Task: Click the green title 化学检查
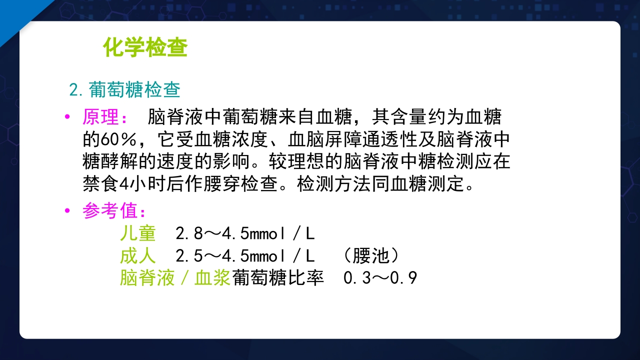[145, 48]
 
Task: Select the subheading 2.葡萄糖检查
[124, 90]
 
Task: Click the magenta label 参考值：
[114, 211]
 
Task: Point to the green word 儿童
[137, 233]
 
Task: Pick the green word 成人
[137, 256]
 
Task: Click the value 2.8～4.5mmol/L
[245, 233]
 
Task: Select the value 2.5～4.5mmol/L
[245, 256]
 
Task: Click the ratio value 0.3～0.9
[380, 278]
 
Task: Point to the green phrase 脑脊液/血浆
[174, 278]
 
